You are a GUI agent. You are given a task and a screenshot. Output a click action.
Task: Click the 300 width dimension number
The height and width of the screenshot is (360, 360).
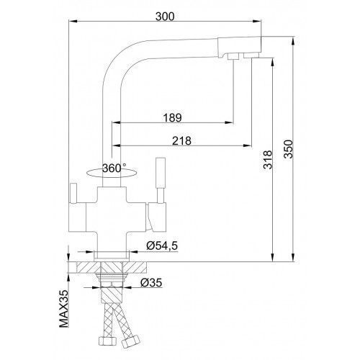(165, 17)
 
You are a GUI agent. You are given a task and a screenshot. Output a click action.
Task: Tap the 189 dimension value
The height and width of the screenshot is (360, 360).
(172, 117)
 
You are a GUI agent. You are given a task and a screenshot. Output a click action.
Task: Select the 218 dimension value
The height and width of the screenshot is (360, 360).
(181, 140)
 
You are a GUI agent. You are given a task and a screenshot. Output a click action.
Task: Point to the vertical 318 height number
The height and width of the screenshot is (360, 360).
(268, 160)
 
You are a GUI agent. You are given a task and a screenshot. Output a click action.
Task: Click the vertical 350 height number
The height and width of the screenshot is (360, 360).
(288, 149)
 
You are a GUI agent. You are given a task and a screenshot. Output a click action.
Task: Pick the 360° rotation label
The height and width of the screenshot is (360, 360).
(114, 168)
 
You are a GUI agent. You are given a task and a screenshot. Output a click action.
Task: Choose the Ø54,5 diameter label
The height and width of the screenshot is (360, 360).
(162, 246)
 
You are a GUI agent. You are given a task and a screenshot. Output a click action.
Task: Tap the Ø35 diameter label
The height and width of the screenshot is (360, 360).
(151, 282)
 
